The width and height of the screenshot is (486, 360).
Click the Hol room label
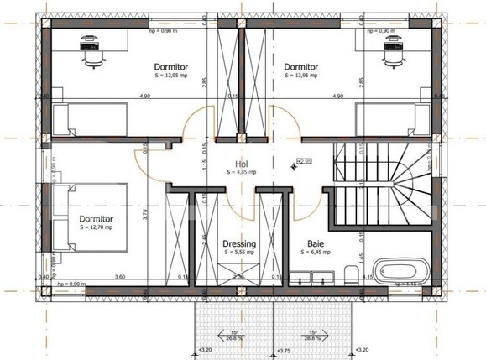pos(242,164)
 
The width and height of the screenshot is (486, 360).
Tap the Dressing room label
pos(239,244)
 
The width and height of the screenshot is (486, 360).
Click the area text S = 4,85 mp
pos(242,172)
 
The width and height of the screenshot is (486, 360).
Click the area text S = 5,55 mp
pos(239,253)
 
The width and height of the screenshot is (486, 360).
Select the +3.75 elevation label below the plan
pos(284,351)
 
